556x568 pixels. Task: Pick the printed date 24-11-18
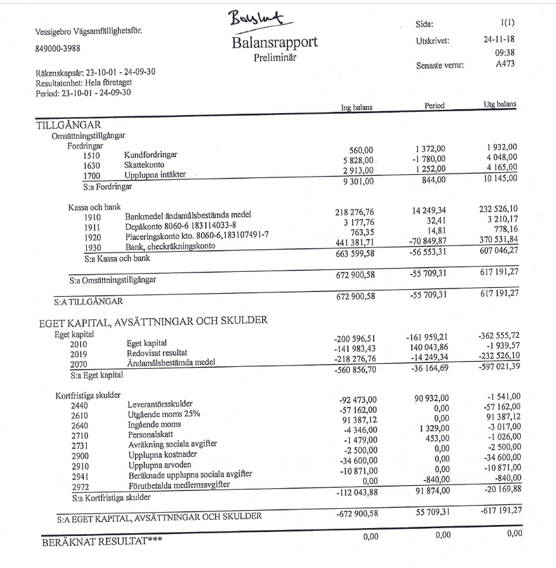point(499,40)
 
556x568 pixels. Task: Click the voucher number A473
point(506,64)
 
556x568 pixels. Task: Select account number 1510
point(93,155)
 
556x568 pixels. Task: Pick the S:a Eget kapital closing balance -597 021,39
point(499,365)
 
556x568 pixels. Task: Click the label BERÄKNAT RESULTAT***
point(102,540)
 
